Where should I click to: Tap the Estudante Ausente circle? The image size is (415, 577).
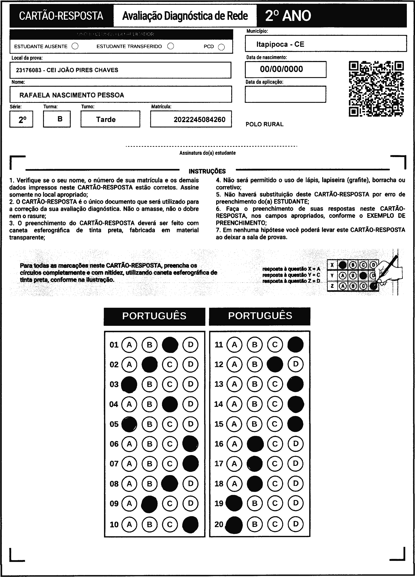pyautogui.click(x=75, y=46)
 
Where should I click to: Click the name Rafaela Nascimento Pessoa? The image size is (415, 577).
pyautogui.click(x=72, y=95)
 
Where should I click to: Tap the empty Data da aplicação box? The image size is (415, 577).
pyautogui.click(x=285, y=94)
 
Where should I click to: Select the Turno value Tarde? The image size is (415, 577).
pyautogui.click(x=106, y=119)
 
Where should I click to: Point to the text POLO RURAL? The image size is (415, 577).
pyautogui.click(x=264, y=124)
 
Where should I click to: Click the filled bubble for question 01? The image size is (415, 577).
pyautogui.click(x=170, y=345)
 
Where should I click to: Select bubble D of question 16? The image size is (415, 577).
pyautogui.click(x=296, y=444)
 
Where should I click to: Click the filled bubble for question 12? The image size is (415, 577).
pyautogui.click(x=275, y=364)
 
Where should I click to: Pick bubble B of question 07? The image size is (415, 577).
pyautogui.click(x=150, y=464)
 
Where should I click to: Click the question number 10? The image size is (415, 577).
pyautogui.click(x=114, y=524)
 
